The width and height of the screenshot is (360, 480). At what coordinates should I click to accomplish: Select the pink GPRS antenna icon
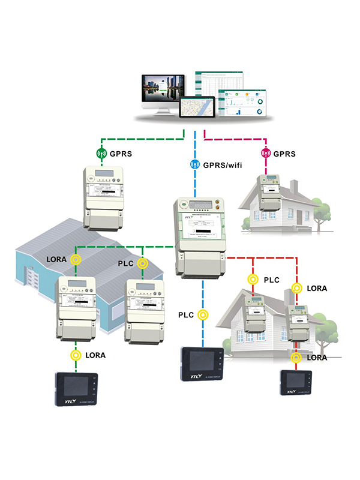pos(265,153)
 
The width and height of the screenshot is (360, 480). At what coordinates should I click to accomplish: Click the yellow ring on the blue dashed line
pos(204,314)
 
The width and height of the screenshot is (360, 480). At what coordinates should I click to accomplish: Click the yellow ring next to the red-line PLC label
pos(253,279)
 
